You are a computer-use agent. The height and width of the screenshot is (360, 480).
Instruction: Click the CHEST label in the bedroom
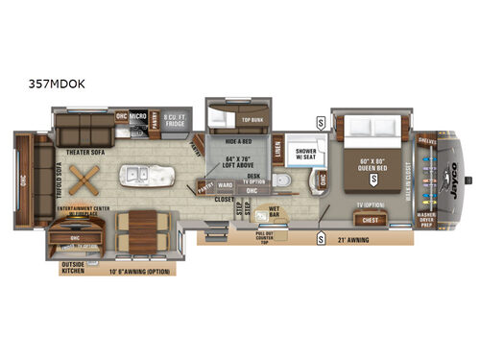click(370, 221)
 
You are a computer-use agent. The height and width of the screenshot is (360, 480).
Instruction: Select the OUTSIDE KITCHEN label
click(74, 270)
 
